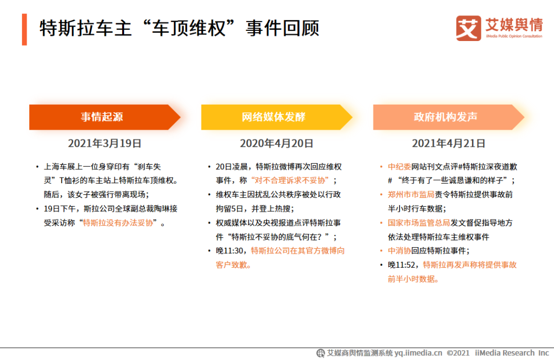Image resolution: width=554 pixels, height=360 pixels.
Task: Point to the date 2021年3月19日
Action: [x=105, y=144]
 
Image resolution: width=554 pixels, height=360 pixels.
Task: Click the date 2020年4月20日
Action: [x=276, y=144]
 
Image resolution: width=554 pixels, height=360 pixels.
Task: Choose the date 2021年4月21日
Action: [x=449, y=144]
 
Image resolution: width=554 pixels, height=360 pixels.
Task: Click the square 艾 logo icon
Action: [x=468, y=28]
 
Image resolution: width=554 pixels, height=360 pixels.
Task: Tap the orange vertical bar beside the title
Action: [x=25, y=30]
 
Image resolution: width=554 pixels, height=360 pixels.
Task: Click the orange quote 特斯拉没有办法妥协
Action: [x=118, y=223]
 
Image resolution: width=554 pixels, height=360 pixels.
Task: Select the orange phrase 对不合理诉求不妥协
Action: [x=290, y=181]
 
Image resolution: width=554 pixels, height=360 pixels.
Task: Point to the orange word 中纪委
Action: [x=400, y=167]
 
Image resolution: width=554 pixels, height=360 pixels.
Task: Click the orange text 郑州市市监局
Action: [x=411, y=195]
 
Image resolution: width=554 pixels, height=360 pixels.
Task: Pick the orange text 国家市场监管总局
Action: [x=419, y=223]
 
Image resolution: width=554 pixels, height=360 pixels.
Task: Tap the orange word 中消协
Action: [x=400, y=251]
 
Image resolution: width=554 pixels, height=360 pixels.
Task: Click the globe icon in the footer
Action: [x=321, y=353]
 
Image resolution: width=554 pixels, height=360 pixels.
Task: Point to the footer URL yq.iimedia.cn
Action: [x=419, y=353]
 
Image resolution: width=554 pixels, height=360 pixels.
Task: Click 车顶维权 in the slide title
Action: [x=189, y=28]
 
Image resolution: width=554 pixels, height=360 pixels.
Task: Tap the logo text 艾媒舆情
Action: [x=514, y=25]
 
